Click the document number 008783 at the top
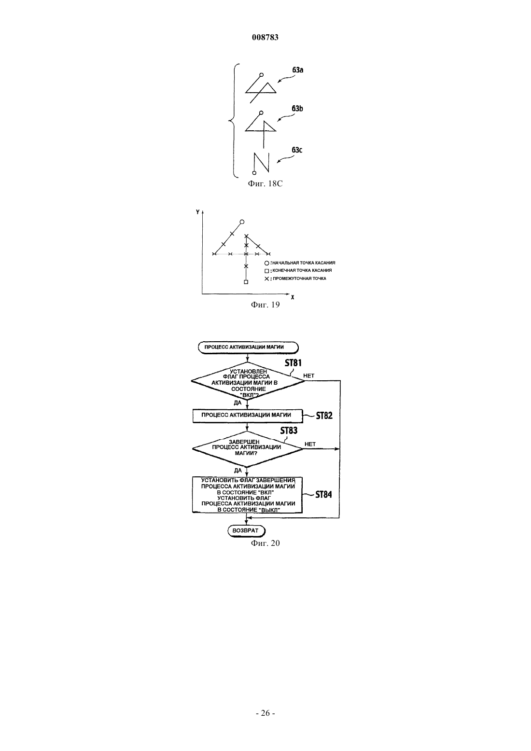265,37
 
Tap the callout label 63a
298,70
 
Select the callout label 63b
297,108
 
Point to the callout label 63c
297,150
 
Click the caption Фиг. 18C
265,184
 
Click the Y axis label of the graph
198,212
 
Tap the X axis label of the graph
293,297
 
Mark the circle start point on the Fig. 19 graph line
242,222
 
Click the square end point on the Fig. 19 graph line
246,282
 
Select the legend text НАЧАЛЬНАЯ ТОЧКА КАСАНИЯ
304,263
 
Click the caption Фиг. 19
265,305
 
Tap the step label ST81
293,363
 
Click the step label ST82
324,416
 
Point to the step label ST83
289,431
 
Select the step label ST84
323,495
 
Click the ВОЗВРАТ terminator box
246,530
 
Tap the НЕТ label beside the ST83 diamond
310,444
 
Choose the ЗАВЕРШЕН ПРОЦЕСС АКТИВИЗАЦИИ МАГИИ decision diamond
247,448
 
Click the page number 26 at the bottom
265,713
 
